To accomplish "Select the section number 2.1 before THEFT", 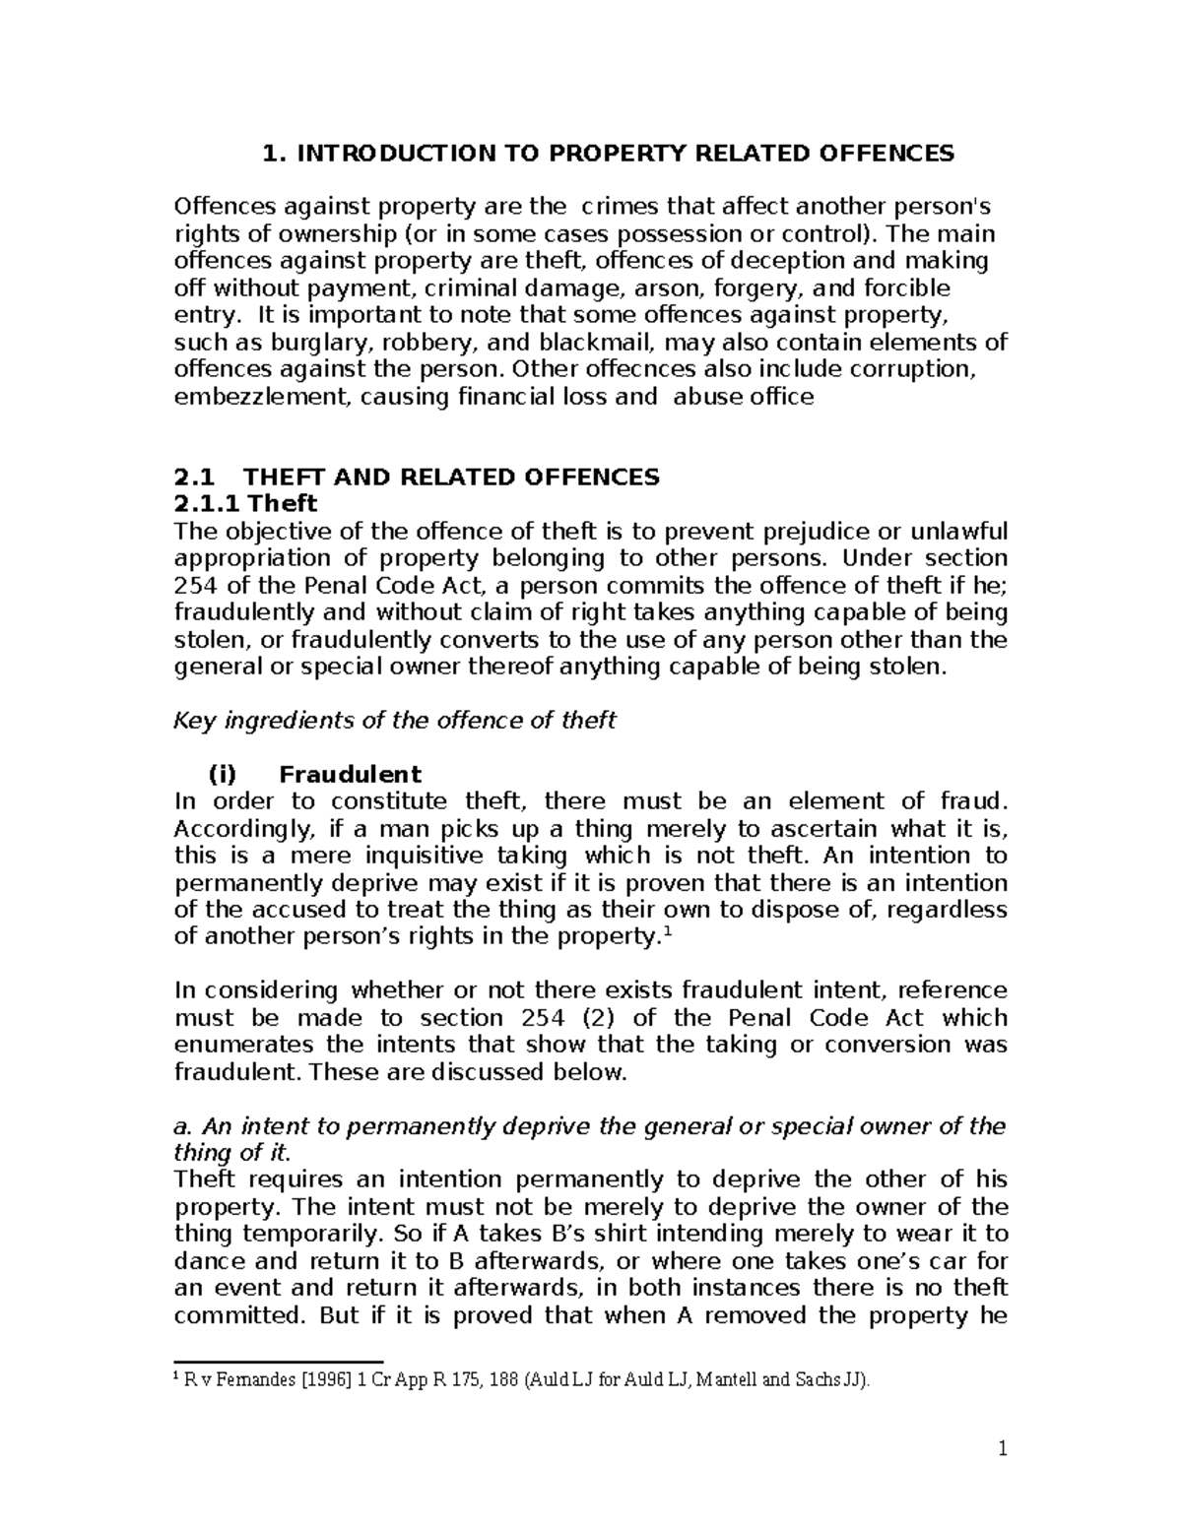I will [x=193, y=478].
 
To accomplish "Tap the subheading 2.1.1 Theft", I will [x=245, y=504].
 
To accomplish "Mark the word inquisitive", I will [x=431, y=855].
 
